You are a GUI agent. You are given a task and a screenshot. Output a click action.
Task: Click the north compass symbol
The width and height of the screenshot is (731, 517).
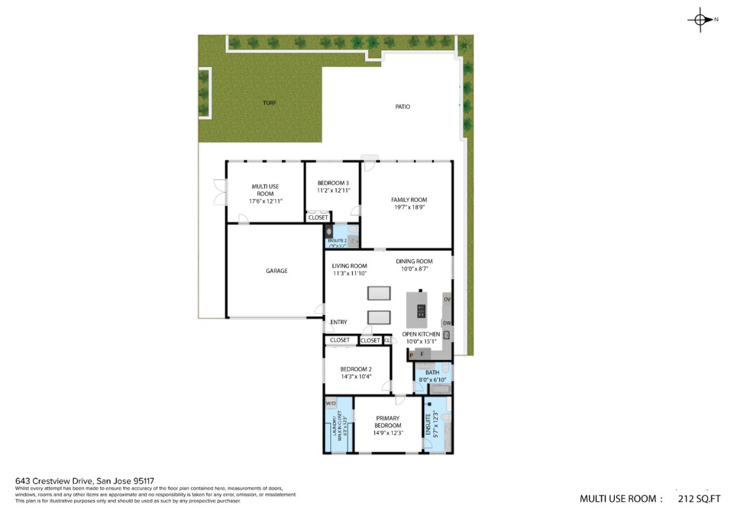(701, 20)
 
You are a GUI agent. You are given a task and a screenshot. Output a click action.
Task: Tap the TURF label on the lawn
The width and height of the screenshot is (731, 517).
(270, 103)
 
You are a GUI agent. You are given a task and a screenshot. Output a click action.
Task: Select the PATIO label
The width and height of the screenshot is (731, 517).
(403, 107)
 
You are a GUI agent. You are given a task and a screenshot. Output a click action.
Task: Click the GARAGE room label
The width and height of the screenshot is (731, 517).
(277, 271)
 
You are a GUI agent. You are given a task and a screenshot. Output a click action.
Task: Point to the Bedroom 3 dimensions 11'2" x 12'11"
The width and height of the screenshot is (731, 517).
(334, 190)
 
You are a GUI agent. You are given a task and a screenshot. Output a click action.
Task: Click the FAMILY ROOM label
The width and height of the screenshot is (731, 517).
(409, 200)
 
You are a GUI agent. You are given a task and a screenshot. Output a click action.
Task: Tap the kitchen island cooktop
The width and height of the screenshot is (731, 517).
(421, 311)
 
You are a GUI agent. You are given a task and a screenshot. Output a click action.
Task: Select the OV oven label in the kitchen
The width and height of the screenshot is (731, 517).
(447, 299)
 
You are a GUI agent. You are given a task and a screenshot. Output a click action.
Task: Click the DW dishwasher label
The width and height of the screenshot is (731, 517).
(447, 323)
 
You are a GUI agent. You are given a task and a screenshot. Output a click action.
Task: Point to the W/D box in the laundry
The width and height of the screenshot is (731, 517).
(330, 403)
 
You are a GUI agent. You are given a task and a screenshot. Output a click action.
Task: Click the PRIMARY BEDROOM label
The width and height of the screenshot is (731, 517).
(388, 422)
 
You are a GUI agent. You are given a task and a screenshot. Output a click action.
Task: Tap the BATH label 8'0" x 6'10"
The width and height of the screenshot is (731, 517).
(433, 372)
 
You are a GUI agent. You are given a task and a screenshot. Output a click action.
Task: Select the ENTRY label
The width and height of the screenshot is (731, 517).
(339, 322)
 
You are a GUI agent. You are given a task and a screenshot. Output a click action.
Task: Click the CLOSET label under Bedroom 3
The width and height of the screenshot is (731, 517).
(318, 217)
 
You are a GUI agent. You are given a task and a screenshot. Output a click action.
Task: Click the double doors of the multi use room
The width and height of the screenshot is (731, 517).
(219, 192)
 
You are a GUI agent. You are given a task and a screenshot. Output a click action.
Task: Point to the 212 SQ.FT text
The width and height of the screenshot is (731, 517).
(699, 499)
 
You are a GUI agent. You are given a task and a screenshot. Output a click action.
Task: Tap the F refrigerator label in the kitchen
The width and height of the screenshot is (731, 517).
(422, 354)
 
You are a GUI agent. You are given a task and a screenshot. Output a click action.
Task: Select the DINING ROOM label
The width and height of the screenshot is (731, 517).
(414, 261)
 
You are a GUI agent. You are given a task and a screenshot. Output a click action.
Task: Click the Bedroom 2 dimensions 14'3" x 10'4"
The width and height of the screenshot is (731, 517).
(356, 376)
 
